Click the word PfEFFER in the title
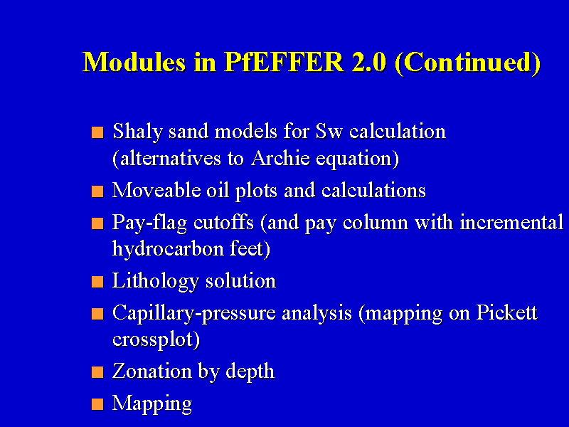point(284,62)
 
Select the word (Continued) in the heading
point(468,63)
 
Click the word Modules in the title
point(134,62)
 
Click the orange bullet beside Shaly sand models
point(97,132)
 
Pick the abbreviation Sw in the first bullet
point(329,131)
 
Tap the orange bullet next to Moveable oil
point(97,191)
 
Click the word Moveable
point(156,190)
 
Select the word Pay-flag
point(149,223)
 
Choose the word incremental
point(511,222)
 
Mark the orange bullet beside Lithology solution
point(97,282)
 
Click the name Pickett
point(506,312)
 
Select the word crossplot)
point(156,340)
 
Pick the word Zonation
point(152,371)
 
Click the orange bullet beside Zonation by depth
point(97,372)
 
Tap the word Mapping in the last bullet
point(152,404)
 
